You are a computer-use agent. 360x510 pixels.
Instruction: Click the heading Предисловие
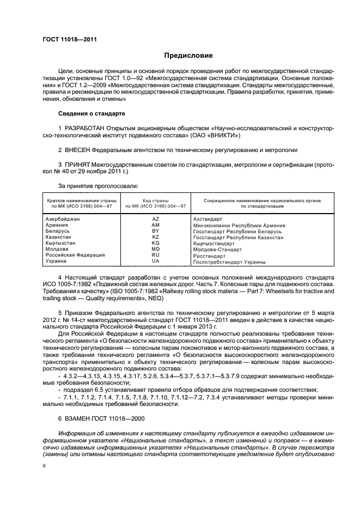click(x=189, y=56)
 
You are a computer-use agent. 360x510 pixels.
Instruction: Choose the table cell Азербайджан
click(x=63, y=218)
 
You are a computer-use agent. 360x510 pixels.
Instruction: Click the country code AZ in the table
click(x=155, y=218)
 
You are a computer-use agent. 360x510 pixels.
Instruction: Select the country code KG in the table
click(x=155, y=243)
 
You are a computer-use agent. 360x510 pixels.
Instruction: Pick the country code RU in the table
click(x=155, y=255)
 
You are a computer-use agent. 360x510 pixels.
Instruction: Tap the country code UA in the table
click(x=155, y=261)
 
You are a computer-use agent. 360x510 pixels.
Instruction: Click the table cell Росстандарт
click(x=210, y=256)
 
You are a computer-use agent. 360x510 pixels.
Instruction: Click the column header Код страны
click(x=155, y=201)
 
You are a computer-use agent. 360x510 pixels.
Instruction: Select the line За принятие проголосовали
click(x=90, y=186)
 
